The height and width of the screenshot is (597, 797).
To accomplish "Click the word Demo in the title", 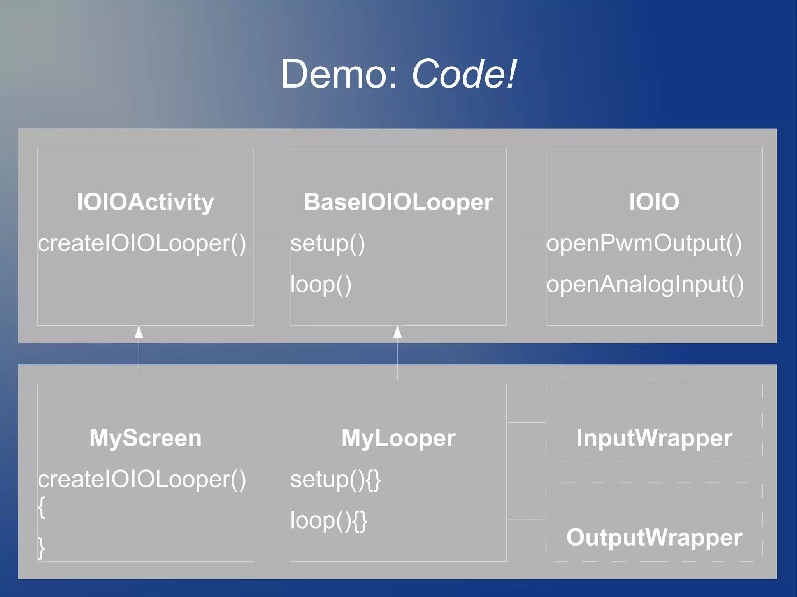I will point(338,74).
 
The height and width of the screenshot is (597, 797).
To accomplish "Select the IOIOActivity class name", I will point(145,202).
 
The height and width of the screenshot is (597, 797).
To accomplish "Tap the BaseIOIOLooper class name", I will point(398,202).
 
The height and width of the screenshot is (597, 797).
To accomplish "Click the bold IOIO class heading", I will point(654,202).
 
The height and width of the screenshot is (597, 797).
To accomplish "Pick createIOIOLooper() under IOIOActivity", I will point(142,244).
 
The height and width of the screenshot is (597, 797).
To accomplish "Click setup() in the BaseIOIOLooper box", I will point(328,244).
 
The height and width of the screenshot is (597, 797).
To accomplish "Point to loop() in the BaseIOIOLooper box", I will point(321,285).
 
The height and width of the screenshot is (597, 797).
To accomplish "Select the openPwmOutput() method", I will point(644,244).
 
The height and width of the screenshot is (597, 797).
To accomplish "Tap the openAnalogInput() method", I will point(645,285).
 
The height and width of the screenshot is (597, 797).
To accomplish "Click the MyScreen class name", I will point(145,438).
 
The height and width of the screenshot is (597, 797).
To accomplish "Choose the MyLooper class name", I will point(398,438).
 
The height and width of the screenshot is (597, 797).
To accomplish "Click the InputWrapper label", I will point(654,438).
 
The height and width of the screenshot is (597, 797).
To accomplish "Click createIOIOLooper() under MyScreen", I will point(142,479).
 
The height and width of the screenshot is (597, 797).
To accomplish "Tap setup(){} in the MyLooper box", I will point(335,480).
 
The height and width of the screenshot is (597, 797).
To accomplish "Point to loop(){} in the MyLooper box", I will point(329,521).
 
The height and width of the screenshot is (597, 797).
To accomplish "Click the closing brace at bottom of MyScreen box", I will point(41,548).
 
